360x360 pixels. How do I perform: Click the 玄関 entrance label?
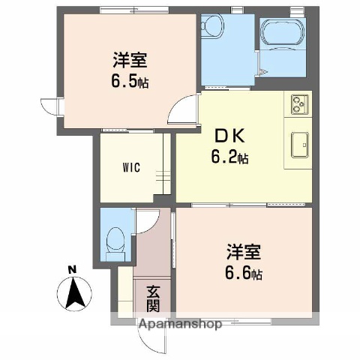[x=153, y=298]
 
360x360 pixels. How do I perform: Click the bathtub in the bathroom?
[x=282, y=35]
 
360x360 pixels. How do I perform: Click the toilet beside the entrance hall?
[x=115, y=242]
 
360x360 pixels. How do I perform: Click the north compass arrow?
[x=74, y=292]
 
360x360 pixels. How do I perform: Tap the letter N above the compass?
[x=72, y=269]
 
